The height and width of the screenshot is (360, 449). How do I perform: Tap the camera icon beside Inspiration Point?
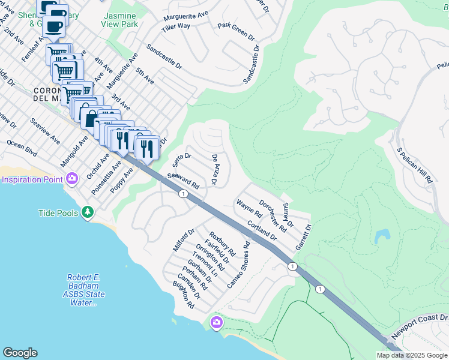click(72, 179)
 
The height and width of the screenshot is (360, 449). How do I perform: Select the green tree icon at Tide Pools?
click(88, 212)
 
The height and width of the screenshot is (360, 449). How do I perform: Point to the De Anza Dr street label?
click(214, 169)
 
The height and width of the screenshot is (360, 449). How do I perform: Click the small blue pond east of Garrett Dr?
click(381, 236)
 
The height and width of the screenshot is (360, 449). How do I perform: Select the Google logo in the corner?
click(20, 353)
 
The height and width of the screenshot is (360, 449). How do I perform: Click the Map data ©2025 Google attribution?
click(412, 355)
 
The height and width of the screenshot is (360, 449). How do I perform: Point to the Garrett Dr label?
click(304, 238)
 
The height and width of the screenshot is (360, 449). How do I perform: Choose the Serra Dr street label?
click(181, 160)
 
